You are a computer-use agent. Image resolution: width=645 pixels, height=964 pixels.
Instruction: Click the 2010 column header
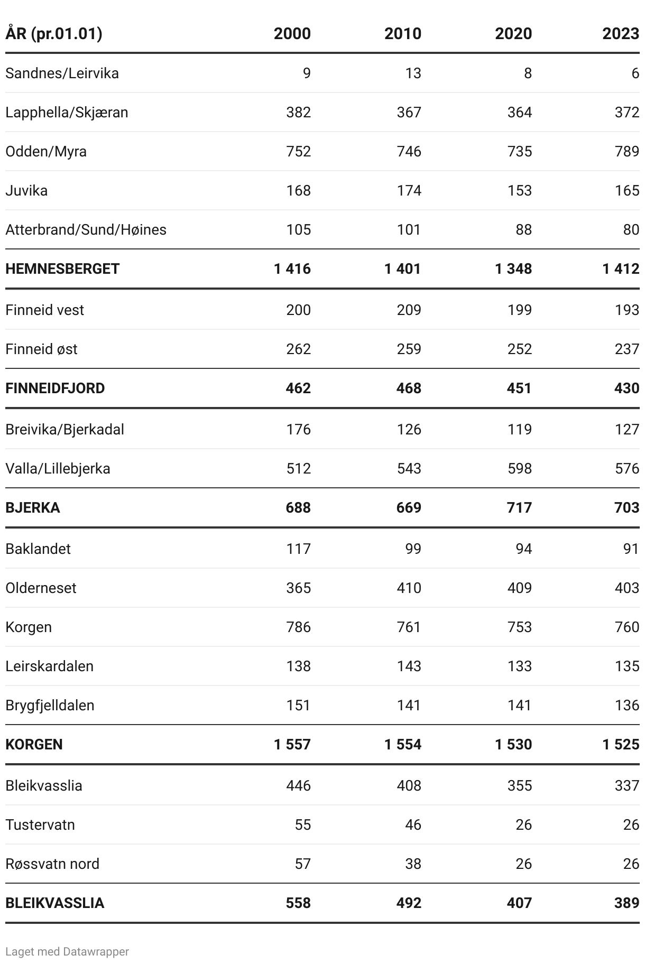[403, 34]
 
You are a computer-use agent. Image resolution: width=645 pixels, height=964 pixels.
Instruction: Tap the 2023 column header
[621, 34]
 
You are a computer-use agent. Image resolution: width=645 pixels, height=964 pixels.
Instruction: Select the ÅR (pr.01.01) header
[54, 34]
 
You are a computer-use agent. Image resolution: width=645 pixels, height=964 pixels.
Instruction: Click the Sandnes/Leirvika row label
[62, 73]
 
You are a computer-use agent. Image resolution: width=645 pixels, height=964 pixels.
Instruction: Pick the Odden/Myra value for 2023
[627, 151]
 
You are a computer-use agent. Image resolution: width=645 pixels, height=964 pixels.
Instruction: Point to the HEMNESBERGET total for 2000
[292, 268]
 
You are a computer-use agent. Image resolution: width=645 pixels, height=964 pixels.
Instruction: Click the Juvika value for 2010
[409, 190]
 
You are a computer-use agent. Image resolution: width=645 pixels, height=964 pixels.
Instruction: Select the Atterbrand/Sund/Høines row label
[86, 229]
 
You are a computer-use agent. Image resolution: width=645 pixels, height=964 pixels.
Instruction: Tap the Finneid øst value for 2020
[520, 349]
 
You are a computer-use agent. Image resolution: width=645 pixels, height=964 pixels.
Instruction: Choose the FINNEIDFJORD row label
[55, 388]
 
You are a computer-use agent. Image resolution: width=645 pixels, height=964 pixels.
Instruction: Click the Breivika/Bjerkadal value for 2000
[299, 429]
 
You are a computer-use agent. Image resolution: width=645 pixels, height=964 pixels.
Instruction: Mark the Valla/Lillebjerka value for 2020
[520, 468]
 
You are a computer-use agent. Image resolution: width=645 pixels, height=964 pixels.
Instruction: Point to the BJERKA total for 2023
[627, 507]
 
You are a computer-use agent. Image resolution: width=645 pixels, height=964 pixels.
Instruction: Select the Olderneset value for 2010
[409, 588]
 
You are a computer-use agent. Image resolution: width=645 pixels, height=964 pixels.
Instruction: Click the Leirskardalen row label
[49, 666]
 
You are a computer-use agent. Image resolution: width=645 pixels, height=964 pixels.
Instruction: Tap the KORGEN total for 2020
[513, 744]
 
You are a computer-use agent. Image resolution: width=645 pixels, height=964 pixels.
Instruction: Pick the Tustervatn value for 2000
[303, 824]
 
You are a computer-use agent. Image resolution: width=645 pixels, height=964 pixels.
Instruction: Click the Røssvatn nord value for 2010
[413, 864]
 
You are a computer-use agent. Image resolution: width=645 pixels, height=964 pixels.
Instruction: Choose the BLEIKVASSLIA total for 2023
[627, 903]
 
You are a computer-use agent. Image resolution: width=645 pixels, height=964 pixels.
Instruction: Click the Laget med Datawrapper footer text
[67, 951]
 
